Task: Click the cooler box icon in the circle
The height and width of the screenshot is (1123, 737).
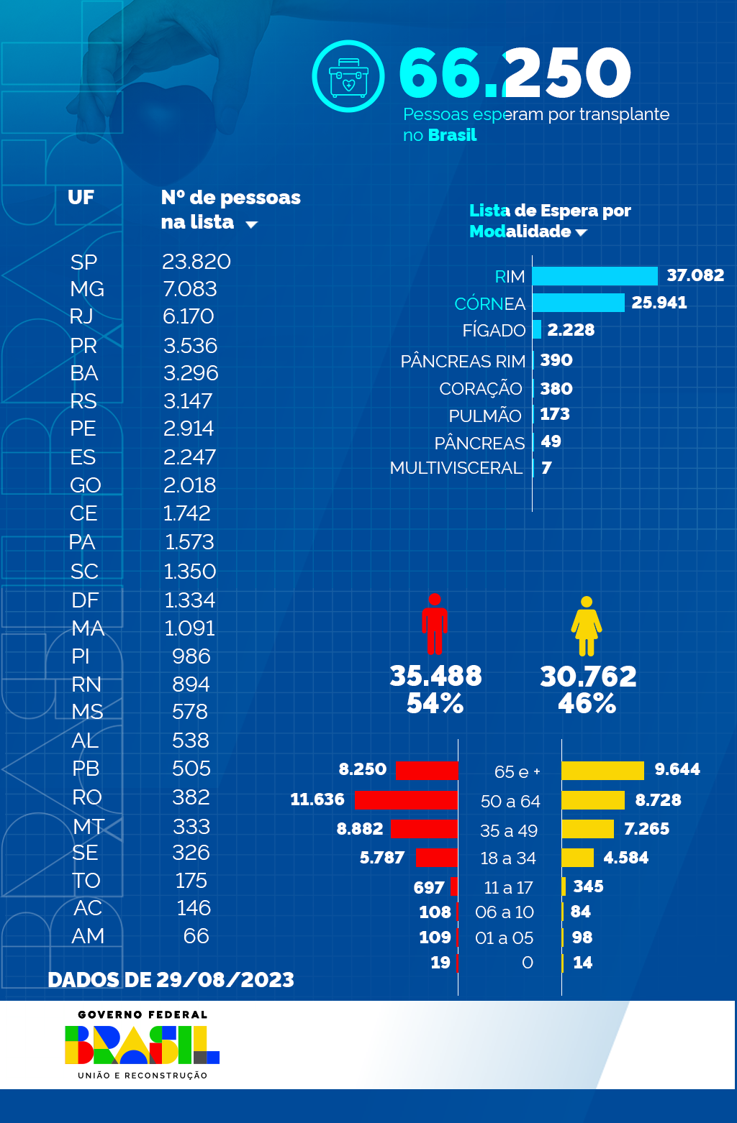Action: (x=348, y=77)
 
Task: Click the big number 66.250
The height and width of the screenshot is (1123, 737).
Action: (x=515, y=73)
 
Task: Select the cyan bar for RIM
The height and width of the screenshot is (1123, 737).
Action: (x=594, y=276)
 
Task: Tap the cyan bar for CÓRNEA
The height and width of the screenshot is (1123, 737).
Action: (x=578, y=303)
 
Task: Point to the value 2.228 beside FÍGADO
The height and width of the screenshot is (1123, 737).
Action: (x=571, y=330)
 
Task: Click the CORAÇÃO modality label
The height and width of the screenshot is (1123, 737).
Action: (x=481, y=389)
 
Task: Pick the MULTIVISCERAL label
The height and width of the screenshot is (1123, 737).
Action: (x=456, y=468)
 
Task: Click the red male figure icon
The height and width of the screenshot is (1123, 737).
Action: (x=434, y=624)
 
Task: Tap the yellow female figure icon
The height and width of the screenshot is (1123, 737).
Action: (x=587, y=625)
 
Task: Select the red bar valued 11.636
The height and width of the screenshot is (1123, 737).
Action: (x=407, y=799)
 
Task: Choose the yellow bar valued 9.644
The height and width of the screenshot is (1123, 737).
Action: (x=602, y=771)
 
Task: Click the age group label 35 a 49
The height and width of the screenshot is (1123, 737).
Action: (x=509, y=831)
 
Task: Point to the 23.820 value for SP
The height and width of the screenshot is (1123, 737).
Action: (x=196, y=262)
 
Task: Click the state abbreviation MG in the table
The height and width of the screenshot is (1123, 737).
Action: (x=87, y=289)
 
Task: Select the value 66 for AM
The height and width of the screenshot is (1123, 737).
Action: (x=196, y=936)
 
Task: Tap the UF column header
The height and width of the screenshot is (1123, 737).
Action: (x=81, y=198)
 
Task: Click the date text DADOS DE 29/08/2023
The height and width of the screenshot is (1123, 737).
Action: (x=171, y=980)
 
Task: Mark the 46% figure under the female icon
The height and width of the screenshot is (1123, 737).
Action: (x=587, y=704)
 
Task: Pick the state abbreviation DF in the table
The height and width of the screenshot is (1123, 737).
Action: (x=85, y=600)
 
